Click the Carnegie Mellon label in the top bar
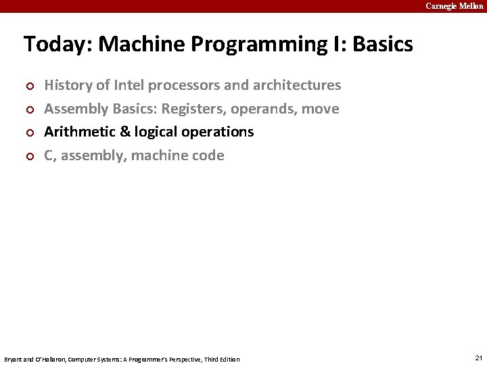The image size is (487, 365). (454, 6)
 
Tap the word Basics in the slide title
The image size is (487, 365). (382, 45)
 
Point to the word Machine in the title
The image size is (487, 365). (141, 45)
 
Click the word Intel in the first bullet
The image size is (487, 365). (129, 85)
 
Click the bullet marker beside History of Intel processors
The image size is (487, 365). (28, 87)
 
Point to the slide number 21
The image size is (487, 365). (479, 358)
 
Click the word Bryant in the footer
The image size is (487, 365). (13, 359)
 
